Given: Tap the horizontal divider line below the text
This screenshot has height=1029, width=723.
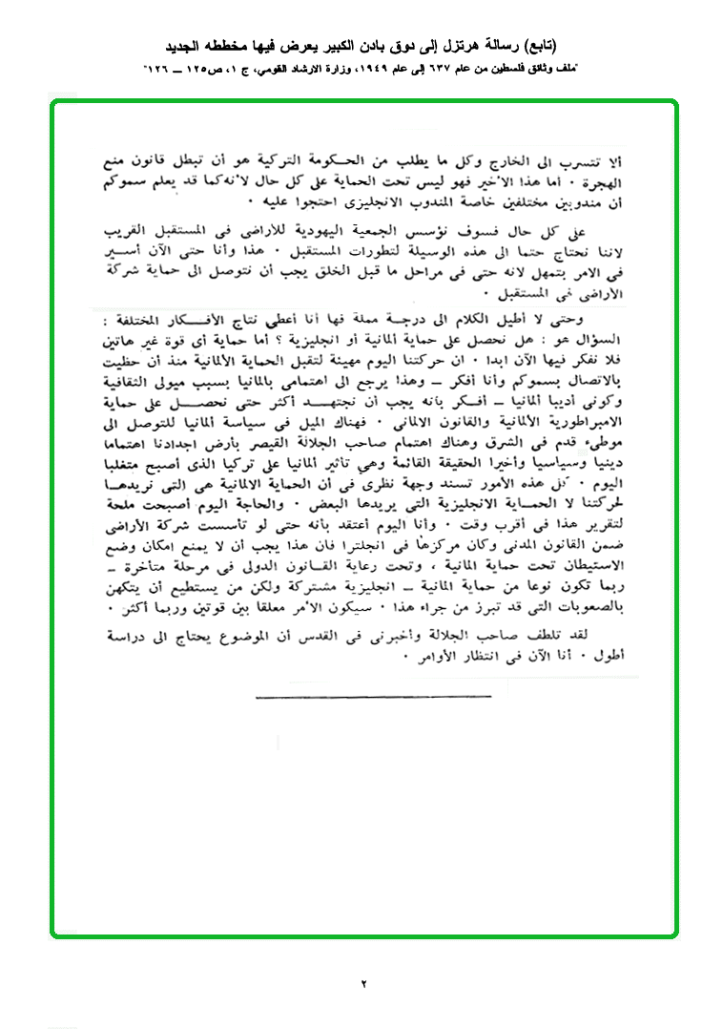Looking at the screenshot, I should [x=361, y=697].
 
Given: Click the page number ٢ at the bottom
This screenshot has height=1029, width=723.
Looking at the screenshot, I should [x=363, y=983].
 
